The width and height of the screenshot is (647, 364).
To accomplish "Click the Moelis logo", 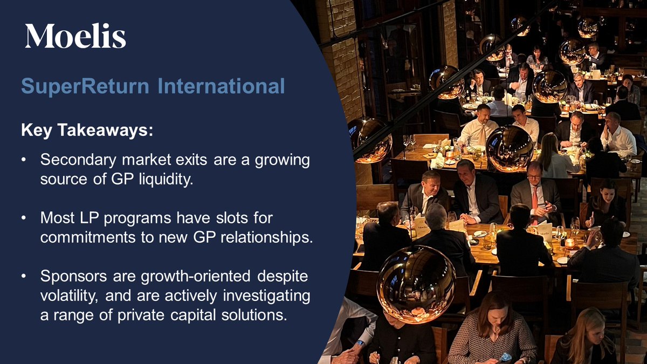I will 75,36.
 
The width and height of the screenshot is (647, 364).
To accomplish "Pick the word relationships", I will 270,238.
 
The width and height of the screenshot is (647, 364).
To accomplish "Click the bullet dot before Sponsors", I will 24,277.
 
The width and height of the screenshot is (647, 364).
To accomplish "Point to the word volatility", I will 68,296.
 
